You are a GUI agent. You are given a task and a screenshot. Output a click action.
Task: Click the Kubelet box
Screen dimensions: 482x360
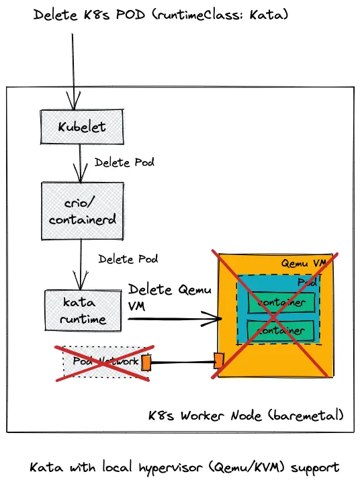[81, 126]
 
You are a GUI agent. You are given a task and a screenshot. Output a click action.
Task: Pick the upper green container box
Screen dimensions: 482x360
[281, 302]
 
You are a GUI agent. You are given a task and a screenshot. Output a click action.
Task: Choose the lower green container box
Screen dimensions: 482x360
[281, 330]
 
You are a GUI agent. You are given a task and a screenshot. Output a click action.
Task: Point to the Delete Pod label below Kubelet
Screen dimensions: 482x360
[124, 163]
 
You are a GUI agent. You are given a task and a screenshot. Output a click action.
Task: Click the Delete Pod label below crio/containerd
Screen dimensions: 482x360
[128, 258]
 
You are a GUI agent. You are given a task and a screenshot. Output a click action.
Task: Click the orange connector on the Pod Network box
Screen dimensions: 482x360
[146, 363]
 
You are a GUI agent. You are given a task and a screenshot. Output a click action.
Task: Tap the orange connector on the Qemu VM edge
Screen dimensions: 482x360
[218, 361]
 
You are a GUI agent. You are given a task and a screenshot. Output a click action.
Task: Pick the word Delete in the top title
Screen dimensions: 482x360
[56, 14]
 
